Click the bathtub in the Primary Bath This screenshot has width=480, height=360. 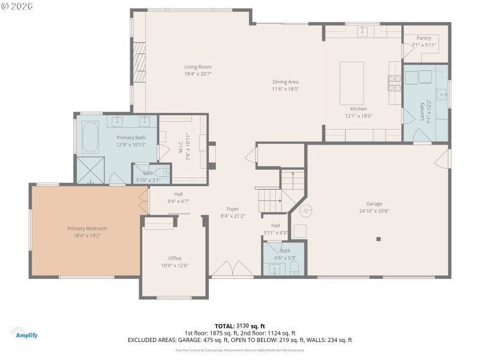point(91,137)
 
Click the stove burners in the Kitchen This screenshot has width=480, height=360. point(394,82)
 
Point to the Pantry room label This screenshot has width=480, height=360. point(424,38)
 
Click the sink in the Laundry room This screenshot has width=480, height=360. point(441,94)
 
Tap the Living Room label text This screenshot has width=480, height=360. point(197,67)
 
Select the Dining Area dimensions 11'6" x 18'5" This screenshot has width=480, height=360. point(285,89)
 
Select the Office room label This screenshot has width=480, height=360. point(175,258)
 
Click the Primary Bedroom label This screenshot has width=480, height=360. point(87,229)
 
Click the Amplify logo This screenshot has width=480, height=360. point(25,333)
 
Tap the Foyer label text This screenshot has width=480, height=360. point(233,209)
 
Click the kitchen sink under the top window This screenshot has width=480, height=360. point(363,31)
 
